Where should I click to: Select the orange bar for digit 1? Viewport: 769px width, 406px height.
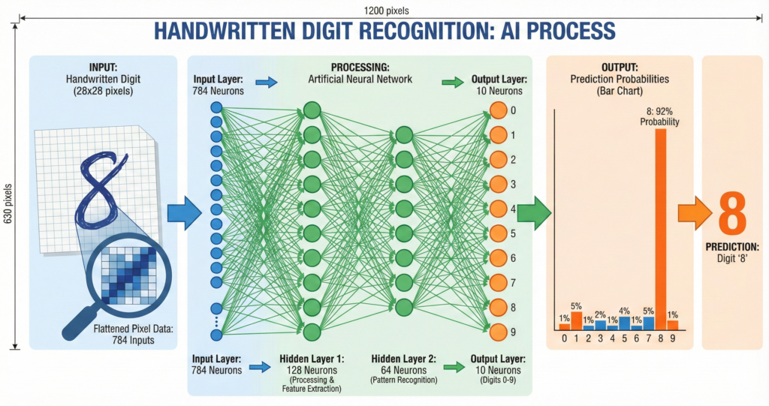pyautogui.click(x=576, y=320)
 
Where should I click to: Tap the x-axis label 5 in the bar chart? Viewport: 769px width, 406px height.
pyautogui.click(x=624, y=338)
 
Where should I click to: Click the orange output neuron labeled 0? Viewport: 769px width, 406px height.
pyautogui.click(x=498, y=110)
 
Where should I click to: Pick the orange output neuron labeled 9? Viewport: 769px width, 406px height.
pyautogui.click(x=498, y=331)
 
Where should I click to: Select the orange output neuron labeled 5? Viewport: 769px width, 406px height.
pyautogui.click(x=498, y=233)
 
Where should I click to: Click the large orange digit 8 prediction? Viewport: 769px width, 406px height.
pyautogui.click(x=733, y=213)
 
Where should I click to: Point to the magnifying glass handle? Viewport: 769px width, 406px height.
pyautogui.click(x=77, y=319)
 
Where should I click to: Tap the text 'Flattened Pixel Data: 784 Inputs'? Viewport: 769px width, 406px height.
pyautogui.click(x=121, y=333)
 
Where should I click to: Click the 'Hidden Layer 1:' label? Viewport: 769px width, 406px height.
pyautogui.click(x=311, y=359)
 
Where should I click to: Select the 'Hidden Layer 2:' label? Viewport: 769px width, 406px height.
pyautogui.click(x=403, y=359)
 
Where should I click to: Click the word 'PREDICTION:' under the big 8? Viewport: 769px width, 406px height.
pyautogui.click(x=731, y=247)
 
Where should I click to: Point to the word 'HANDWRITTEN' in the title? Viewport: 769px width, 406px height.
pyautogui.click(x=221, y=31)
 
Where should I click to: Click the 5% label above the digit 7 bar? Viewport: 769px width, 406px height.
pyautogui.click(x=648, y=311)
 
